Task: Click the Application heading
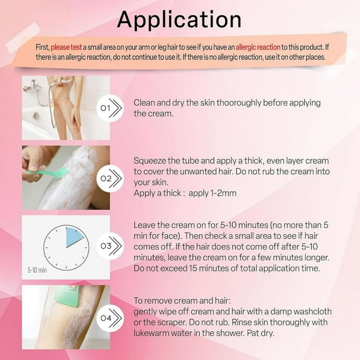180,20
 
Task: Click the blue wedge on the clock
75,237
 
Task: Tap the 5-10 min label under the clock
37,270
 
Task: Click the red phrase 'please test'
66,47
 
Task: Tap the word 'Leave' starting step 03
144,225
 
